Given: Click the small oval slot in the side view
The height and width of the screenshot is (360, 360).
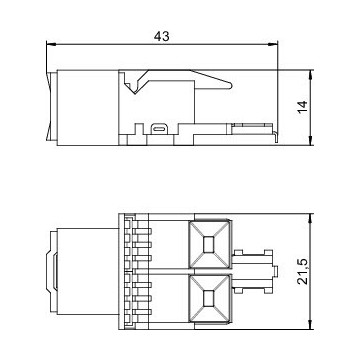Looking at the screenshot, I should coord(161,128).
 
